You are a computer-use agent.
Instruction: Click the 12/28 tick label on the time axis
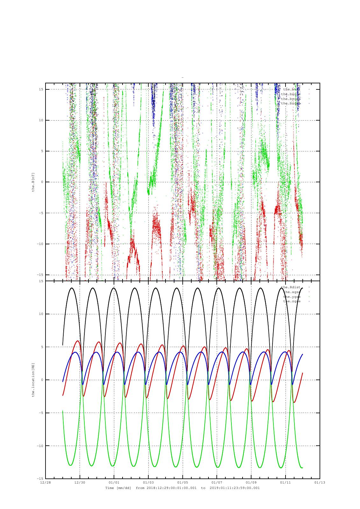coord(45,482)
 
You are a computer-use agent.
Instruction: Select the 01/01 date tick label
coord(114,482)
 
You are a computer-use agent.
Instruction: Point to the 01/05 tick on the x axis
coord(182,482)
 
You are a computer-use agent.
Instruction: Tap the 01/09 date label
coord(251,482)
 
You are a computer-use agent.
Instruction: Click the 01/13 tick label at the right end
coord(320,482)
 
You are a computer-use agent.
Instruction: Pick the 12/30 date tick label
coord(80,482)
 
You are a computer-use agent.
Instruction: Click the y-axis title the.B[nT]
coord(33,182)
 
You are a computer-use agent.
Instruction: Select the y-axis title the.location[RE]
coord(33,380)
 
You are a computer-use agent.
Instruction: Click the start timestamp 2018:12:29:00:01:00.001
coord(172,488)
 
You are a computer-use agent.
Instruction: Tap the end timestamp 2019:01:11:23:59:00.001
coord(235,488)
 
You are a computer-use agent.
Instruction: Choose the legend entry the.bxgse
coord(290,94)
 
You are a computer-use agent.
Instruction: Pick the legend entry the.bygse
coord(290,99)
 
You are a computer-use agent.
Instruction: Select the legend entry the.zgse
coord(292,301)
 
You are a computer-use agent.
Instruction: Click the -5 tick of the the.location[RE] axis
coord(41,413)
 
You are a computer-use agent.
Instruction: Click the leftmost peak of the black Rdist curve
coord(72,288)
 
